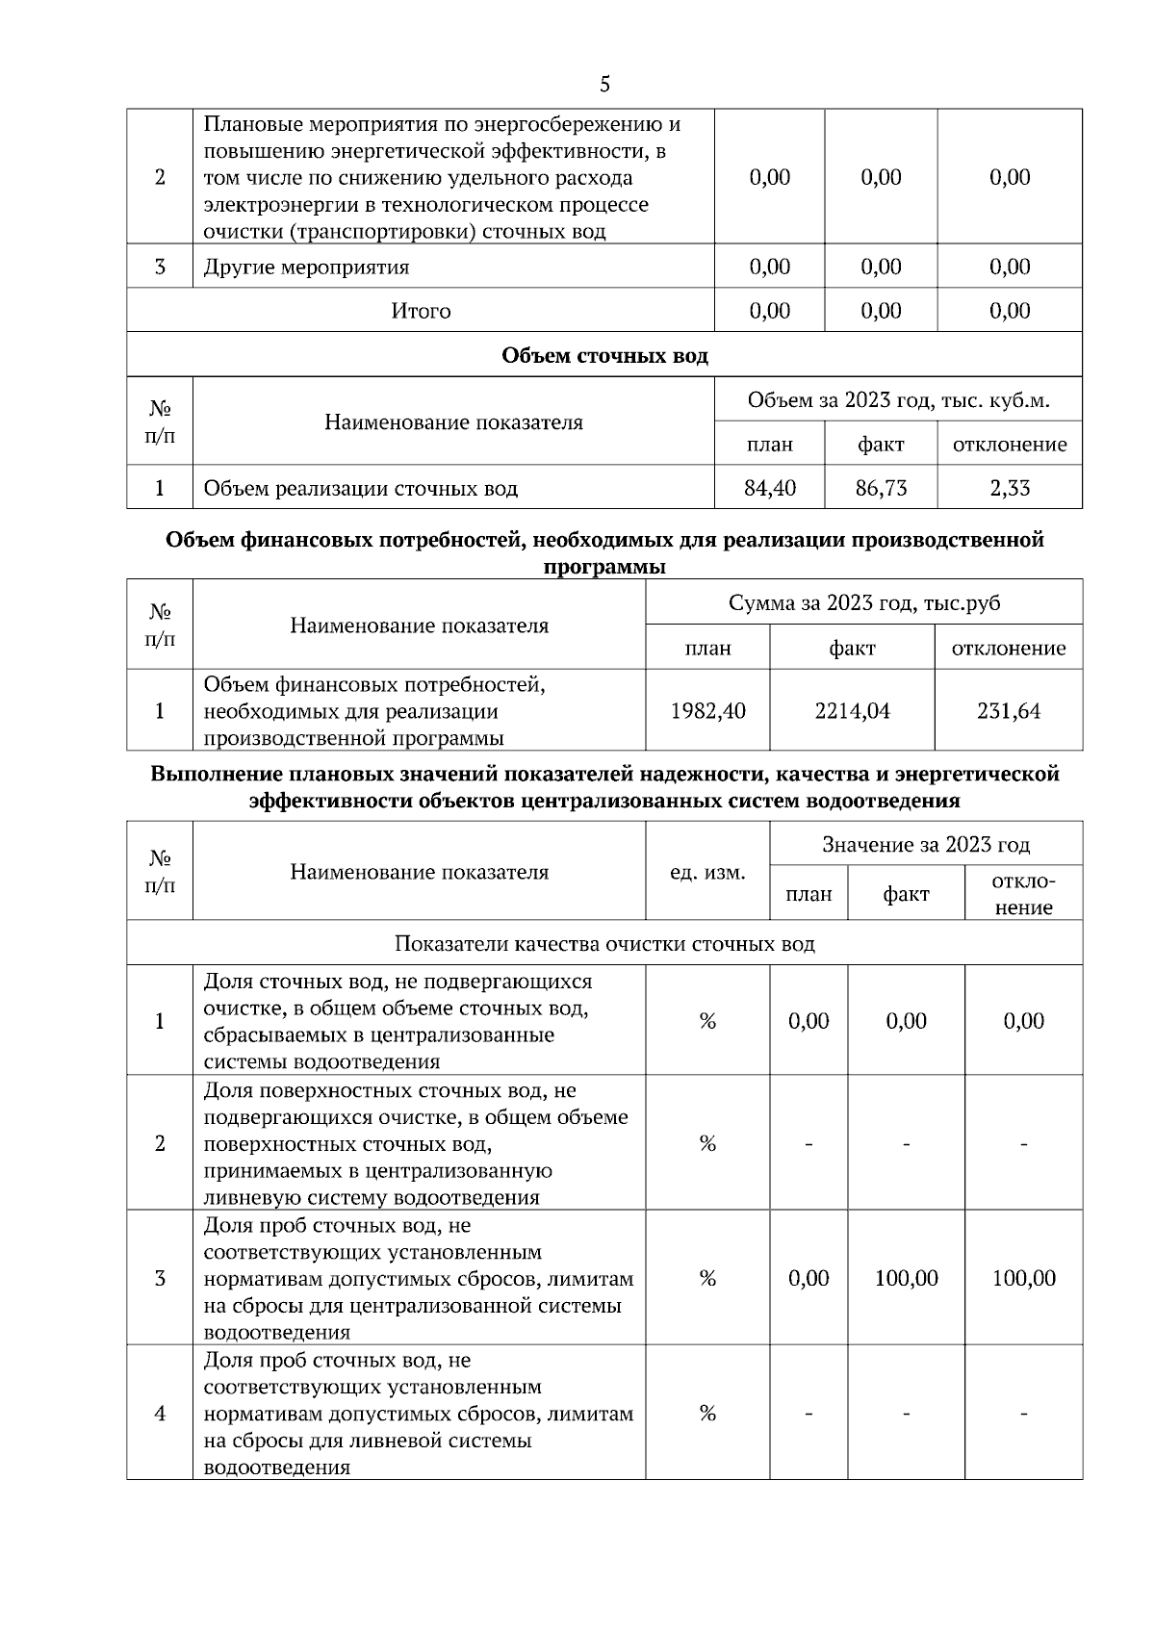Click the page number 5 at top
pos(604,85)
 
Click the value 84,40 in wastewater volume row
pos(770,488)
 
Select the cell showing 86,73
pos(881,488)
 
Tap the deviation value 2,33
pos(1010,488)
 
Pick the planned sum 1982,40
pos(707,711)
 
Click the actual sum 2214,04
pos(852,711)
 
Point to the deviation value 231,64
pos(1009,711)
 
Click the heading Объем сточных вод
pos(604,355)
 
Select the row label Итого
pos(421,311)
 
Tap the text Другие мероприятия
pos(306,267)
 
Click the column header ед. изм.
pos(707,872)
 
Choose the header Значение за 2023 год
pos(926,845)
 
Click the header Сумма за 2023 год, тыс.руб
pos(864,602)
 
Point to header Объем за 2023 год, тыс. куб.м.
pos(898,399)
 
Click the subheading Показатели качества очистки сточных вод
pos(604,943)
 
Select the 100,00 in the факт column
pos(906,1278)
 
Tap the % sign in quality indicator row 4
pos(707,1413)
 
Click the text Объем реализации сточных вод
pos(361,488)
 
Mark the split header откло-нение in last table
pos(1024,894)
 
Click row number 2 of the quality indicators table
pos(160,1143)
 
